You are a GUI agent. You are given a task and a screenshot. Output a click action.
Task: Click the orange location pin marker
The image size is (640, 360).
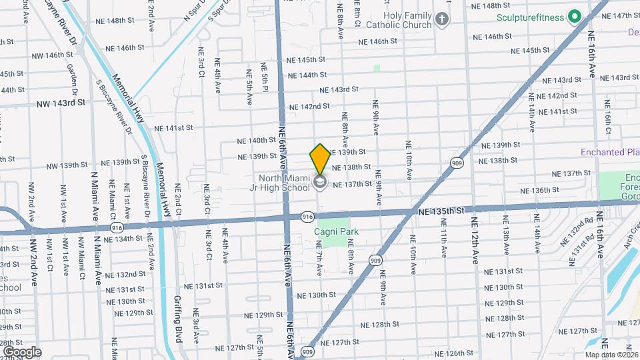pos(320,159)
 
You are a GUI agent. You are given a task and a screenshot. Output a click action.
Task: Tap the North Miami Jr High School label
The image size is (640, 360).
pos(285,182)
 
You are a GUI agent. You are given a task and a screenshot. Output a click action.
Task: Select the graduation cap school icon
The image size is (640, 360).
pos(320,183)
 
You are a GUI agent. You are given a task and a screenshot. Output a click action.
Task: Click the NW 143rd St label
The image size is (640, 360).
pos(61,103)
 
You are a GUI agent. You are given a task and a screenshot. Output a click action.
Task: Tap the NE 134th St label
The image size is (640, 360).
pos(120,239)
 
